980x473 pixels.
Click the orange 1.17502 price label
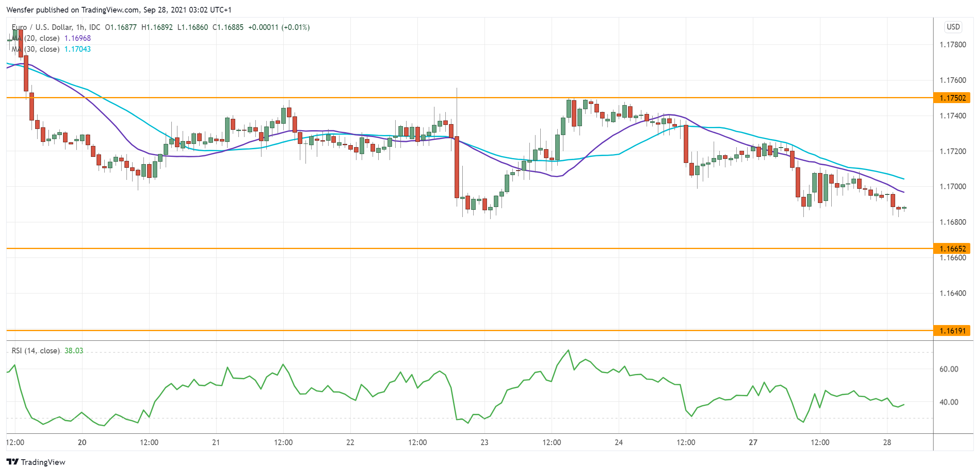point(952,98)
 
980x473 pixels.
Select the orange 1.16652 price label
point(952,249)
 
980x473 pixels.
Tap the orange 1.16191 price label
point(952,331)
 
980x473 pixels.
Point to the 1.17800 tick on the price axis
point(953,45)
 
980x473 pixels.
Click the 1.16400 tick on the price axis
point(953,294)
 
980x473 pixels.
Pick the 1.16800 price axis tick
point(953,222)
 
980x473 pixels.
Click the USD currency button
point(953,27)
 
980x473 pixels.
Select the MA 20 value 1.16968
point(78,38)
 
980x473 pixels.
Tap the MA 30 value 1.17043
point(78,49)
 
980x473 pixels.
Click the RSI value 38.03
point(74,351)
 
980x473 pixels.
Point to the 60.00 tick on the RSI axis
point(948,369)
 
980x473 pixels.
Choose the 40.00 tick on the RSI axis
point(948,402)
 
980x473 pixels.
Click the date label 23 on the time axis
point(484,442)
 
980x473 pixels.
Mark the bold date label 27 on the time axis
point(753,442)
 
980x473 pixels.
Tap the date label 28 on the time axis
point(887,442)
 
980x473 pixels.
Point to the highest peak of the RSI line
point(569,350)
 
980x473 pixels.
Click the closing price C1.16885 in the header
point(228,27)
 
